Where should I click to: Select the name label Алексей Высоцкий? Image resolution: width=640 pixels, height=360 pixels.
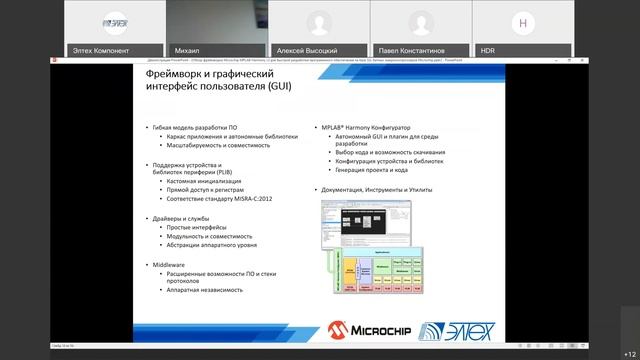pyautogui.click(x=318, y=49)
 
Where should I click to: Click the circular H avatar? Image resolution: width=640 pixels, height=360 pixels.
pyautogui.click(x=520, y=22)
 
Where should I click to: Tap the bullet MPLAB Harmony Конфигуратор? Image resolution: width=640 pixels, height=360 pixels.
pyautogui.click(x=366, y=128)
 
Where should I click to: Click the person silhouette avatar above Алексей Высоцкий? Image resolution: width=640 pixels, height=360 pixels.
pyautogui.click(x=318, y=21)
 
